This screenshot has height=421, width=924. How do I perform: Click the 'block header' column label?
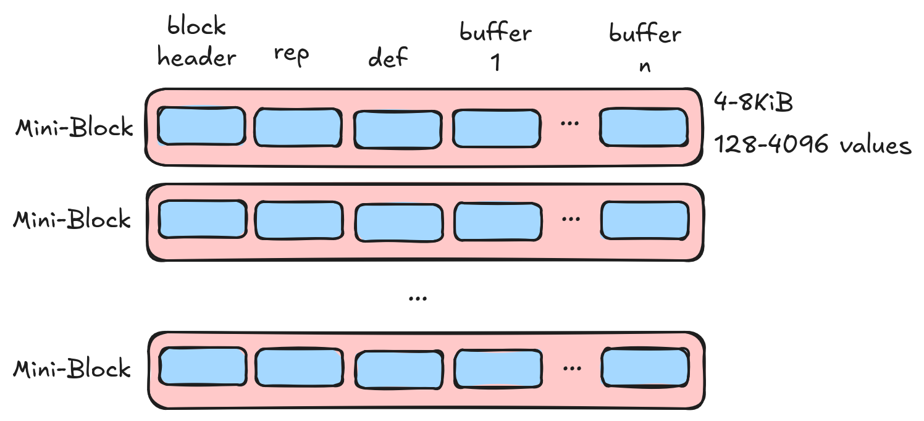point(196,43)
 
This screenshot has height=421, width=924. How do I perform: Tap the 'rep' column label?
point(291,54)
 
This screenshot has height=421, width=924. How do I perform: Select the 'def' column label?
point(388,57)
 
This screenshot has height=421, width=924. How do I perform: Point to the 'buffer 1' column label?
point(495,47)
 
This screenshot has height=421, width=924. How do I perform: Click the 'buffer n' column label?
point(645,47)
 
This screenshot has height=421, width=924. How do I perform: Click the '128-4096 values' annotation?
point(813,146)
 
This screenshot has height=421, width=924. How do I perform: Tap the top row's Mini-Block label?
point(74,128)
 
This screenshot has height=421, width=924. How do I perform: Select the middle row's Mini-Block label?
point(72,220)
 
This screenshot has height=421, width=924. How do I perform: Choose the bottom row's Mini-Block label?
point(72,369)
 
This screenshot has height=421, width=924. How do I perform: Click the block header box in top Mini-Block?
point(201,126)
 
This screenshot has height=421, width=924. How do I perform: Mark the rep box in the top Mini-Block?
point(298,128)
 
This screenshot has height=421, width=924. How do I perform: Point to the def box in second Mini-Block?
point(398,222)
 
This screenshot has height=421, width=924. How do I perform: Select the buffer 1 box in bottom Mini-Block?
point(498,369)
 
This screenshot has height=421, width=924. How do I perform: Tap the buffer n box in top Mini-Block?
point(644,127)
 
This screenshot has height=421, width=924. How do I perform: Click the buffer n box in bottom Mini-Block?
point(645,367)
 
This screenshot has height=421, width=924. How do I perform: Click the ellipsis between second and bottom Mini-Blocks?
point(418,298)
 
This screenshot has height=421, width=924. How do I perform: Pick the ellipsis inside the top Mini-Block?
point(569,123)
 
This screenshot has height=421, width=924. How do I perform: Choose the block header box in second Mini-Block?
point(202,220)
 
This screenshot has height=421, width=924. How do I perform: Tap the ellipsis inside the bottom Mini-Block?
point(573,369)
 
